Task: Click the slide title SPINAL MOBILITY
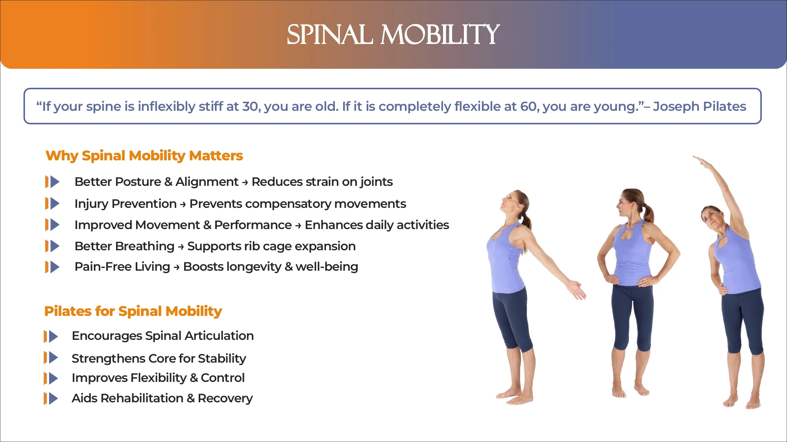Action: (x=393, y=35)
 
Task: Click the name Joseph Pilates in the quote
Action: (x=699, y=106)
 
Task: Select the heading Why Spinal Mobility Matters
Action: (x=144, y=156)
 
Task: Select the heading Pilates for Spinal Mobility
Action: (x=133, y=312)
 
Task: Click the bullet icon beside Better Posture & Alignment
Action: (x=52, y=182)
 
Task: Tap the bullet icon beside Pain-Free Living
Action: (x=52, y=267)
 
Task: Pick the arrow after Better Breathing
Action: (x=181, y=247)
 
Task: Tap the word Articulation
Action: (x=219, y=336)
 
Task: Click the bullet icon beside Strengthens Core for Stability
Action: (x=51, y=358)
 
